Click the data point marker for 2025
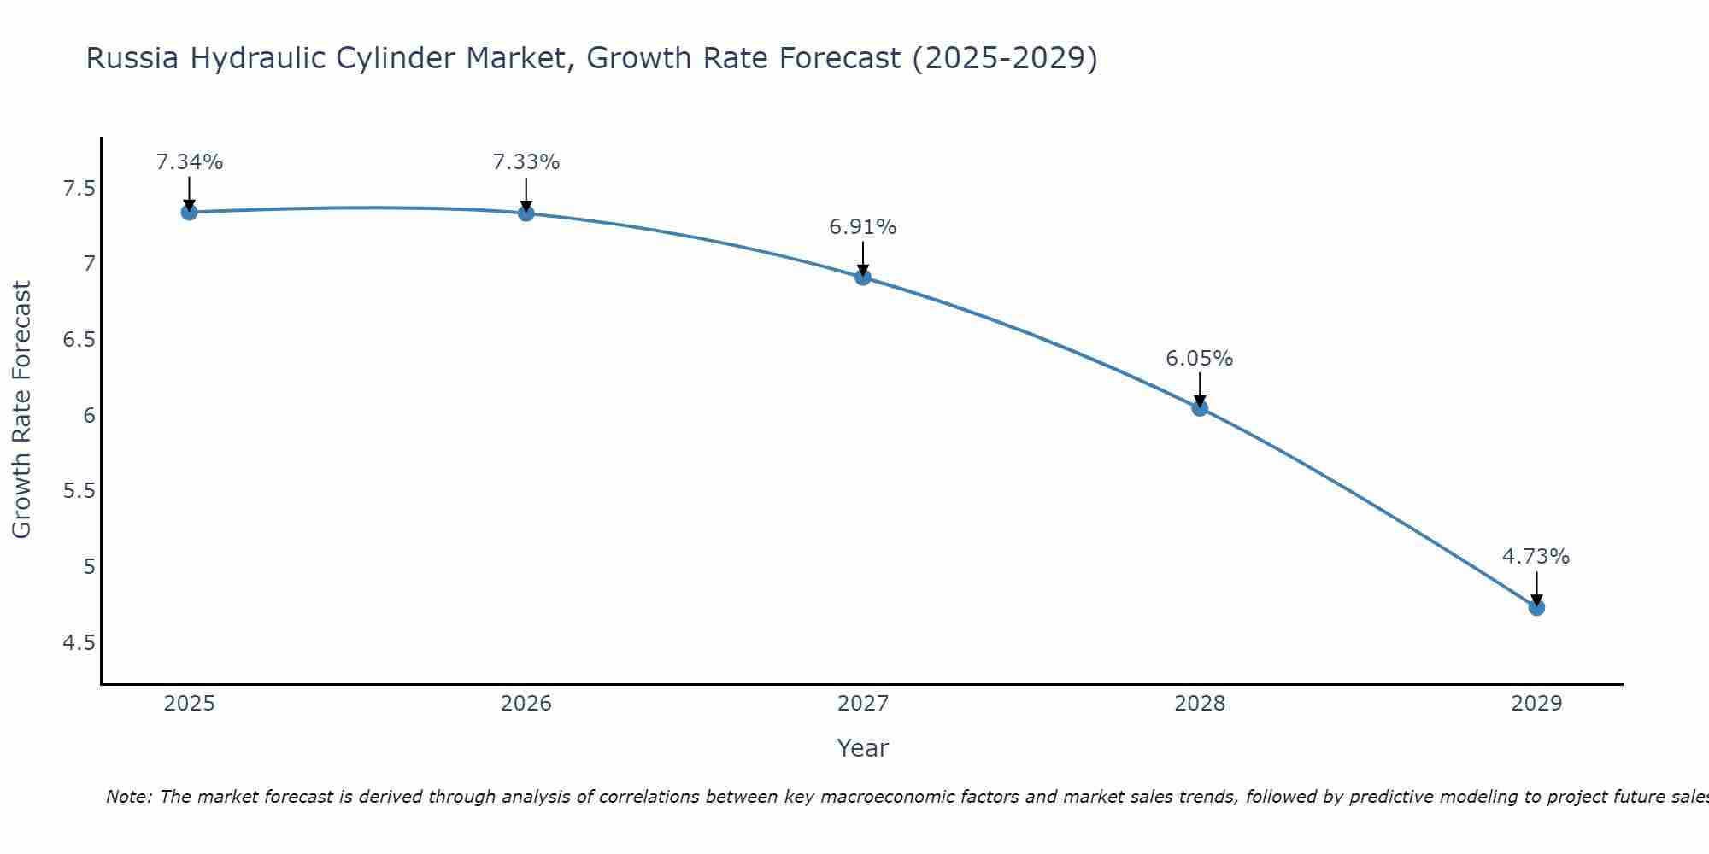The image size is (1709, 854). pos(190,212)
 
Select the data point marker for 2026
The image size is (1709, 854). pos(526,213)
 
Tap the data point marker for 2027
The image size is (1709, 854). pos(863,277)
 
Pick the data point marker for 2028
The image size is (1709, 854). pos(1200,408)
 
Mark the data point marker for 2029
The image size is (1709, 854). pos(1536,607)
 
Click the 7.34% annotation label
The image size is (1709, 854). pos(190,162)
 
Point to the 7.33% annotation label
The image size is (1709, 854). pos(526,162)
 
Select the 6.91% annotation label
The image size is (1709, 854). pos(863,227)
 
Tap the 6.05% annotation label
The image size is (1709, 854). pos(1200,359)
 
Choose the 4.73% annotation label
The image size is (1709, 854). pos(1536,557)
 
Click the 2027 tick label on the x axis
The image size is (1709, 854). pos(863,704)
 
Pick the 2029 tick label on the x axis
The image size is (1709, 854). pos(1536,704)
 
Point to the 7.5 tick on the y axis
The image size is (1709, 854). pos(79,189)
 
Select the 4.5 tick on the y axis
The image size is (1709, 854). pos(79,642)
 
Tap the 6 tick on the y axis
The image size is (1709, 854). pos(89,416)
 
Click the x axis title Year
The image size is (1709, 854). pos(863,748)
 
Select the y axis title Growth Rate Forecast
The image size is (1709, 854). pos(22,410)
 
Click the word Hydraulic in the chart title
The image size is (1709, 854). pos(255,59)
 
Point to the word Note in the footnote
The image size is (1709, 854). pos(128,798)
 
